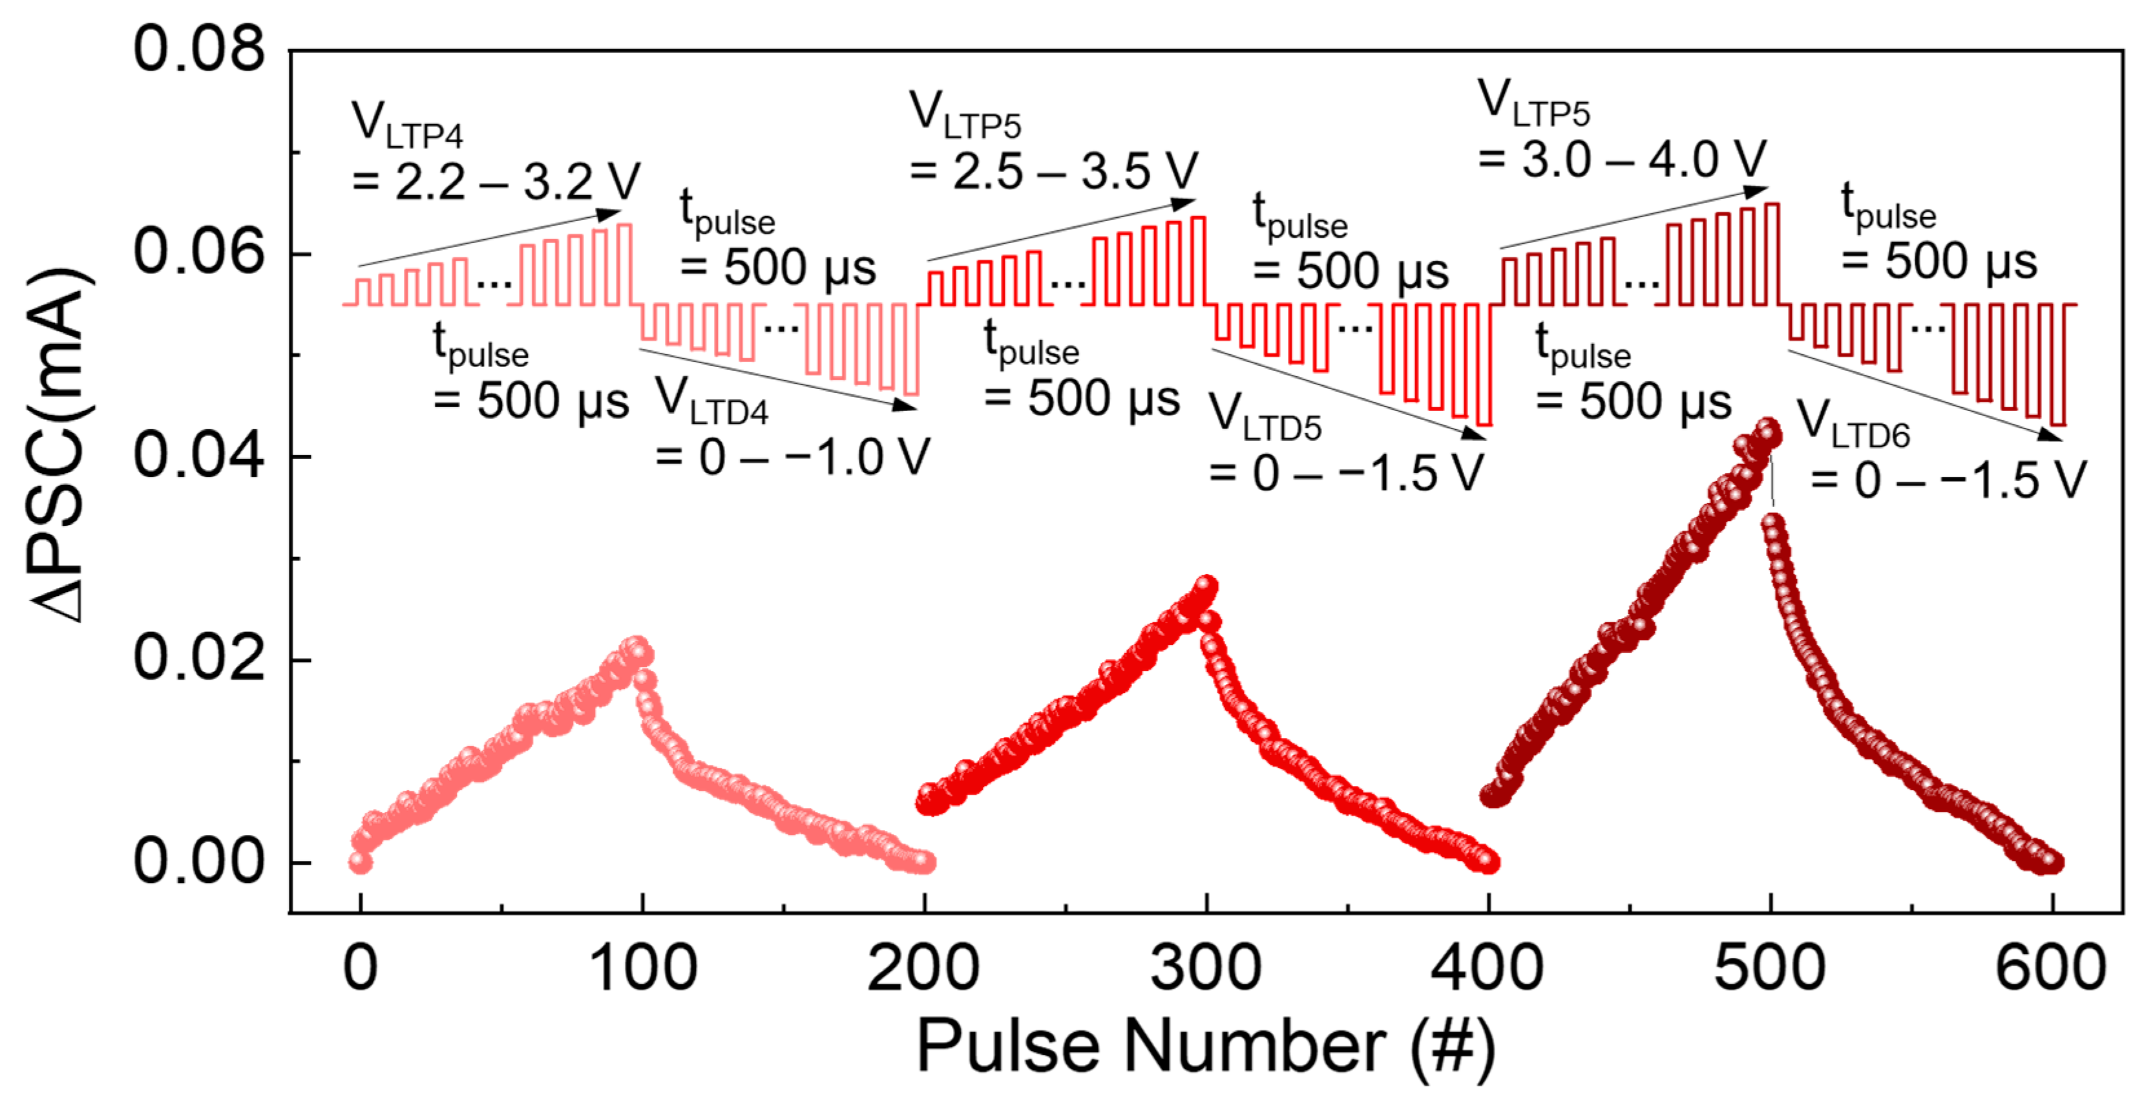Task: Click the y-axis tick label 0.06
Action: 198,251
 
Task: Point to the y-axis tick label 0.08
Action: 198,48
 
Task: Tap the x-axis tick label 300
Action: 1205,968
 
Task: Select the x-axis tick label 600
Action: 2051,968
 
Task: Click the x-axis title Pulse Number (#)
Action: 1205,1047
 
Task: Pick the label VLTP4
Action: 406,125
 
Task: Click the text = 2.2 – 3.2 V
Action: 496,182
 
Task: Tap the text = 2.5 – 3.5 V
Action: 1053,171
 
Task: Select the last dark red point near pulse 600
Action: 2052,862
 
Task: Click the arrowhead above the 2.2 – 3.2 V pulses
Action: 612,213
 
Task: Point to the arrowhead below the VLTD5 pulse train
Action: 1475,434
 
